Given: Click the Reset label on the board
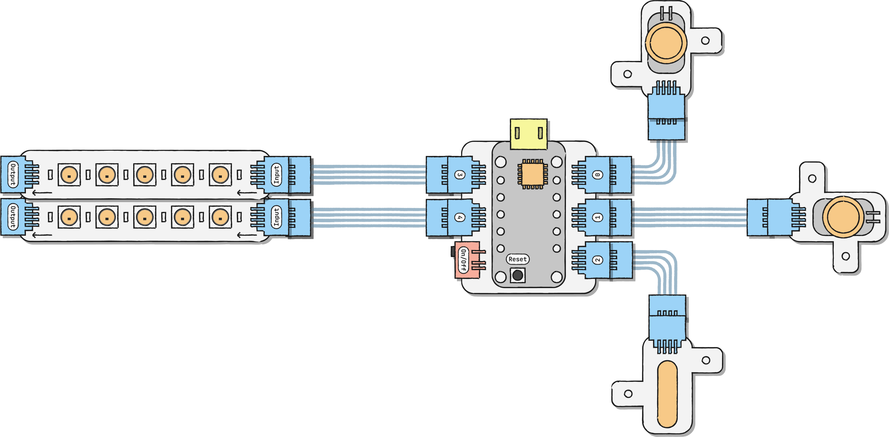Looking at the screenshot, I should [x=517, y=259].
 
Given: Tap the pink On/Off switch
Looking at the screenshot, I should [x=467, y=260].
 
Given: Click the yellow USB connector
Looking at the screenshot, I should [x=528, y=134].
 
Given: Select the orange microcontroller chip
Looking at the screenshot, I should [x=532, y=174].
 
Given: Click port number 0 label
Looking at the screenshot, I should [x=598, y=174].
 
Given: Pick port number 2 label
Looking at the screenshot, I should [x=598, y=260].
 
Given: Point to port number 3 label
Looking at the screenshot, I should [x=460, y=174].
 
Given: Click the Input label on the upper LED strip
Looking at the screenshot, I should [x=276, y=174].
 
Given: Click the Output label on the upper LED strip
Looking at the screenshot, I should [x=13, y=174].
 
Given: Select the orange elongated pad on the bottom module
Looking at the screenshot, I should [x=667, y=394].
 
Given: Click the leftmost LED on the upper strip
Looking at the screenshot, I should [x=69, y=174].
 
